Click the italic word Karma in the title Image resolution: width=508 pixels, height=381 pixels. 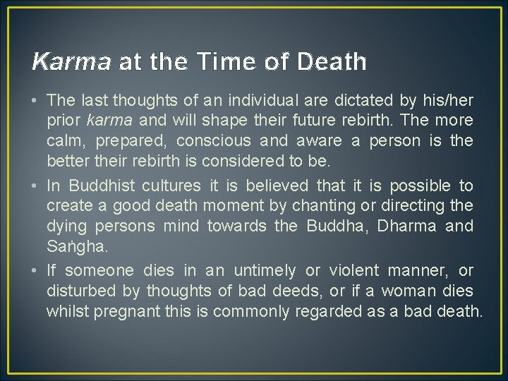coord(71,62)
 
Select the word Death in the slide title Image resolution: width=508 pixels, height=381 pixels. coord(332,62)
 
